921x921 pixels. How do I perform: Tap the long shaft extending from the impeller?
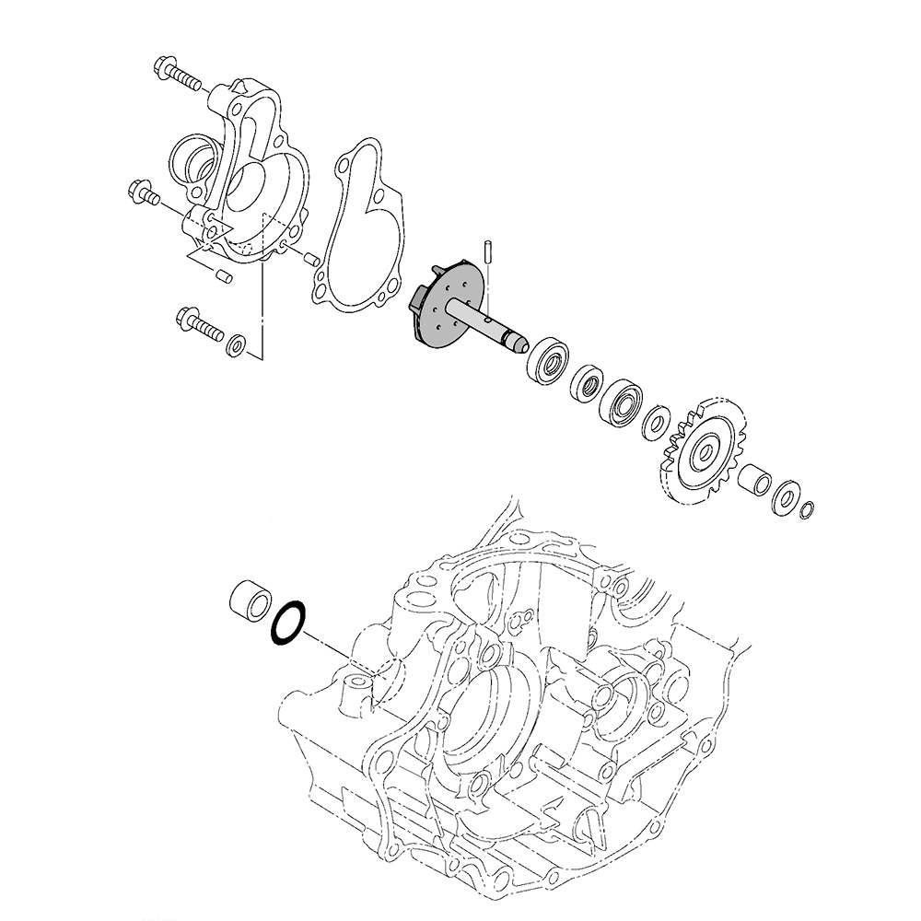click(x=497, y=330)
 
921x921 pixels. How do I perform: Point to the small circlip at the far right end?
click(x=807, y=510)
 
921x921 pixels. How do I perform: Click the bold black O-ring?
click(x=287, y=623)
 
